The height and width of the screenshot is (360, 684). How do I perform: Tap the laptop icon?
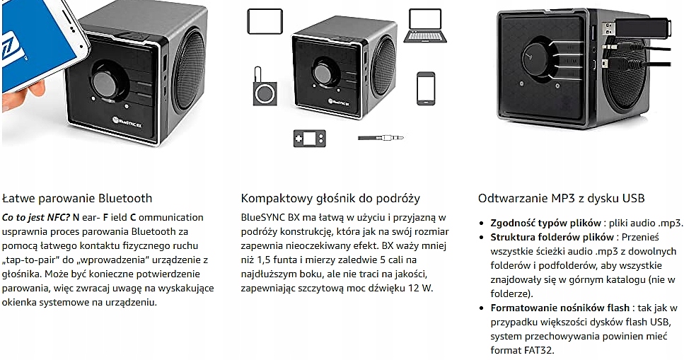click(x=427, y=25)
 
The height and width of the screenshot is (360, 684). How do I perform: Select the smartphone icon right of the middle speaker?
click(x=426, y=88)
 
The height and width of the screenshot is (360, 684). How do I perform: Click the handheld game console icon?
click(x=310, y=137)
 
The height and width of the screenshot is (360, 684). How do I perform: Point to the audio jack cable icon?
click(x=380, y=138)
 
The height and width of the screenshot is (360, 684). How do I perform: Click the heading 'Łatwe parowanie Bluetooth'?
click(x=77, y=198)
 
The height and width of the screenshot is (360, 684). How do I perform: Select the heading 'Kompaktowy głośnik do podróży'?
click(x=330, y=198)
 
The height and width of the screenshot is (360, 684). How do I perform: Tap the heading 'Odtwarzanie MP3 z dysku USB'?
click(x=561, y=198)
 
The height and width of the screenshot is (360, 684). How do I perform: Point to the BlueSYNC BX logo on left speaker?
click(x=127, y=121)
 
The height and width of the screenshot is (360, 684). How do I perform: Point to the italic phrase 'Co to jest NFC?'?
click(x=36, y=217)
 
